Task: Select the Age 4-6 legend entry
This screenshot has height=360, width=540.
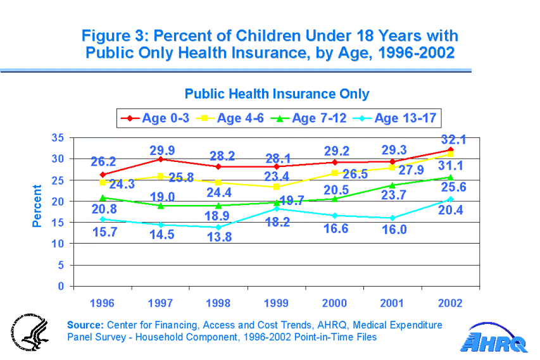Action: [232, 118]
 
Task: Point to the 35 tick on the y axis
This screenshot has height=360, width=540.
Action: [58, 137]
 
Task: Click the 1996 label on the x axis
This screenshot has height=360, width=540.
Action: [103, 303]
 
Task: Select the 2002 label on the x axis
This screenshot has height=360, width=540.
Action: [451, 303]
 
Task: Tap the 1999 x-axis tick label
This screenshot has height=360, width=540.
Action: [277, 303]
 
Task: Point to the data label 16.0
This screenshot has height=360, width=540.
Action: [394, 230]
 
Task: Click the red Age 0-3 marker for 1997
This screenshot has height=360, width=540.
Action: [161, 159]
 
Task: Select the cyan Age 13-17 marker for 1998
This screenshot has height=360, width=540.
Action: [218, 227]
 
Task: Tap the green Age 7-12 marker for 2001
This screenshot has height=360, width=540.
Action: [392, 185]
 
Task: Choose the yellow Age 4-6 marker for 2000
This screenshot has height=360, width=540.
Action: [335, 173]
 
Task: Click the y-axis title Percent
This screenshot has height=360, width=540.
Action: [38, 206]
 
